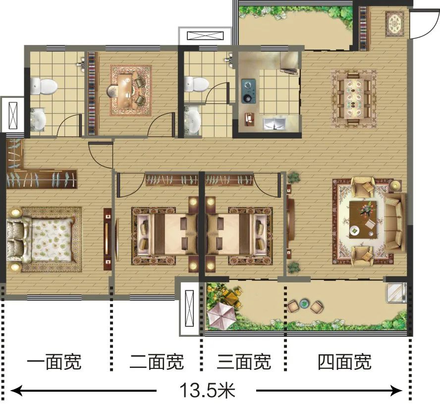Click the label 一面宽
tap(54, 362)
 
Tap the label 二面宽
tap(157, 362)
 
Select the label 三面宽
tap(244, 362)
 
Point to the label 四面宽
tap(344, 362)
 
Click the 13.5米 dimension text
tap(207, 390)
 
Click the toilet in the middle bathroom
tap(197, 84)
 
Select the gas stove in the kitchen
tap(249, 90)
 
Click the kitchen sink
tap(274, 124)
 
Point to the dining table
tap(354, 98)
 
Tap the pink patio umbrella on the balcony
tap(221, 317)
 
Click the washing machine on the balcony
tap(396, 293)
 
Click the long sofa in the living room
tap(395, 223)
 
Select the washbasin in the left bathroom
tap(38, 120)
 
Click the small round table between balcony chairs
tap(304, 304)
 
